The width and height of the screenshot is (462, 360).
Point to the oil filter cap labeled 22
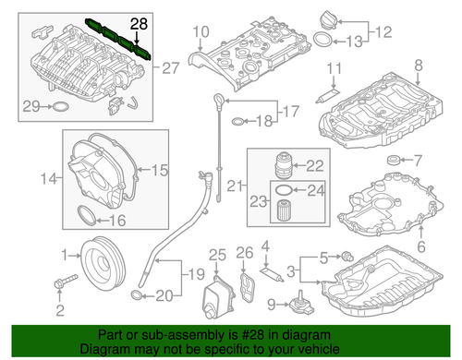(x=284, y=166)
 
